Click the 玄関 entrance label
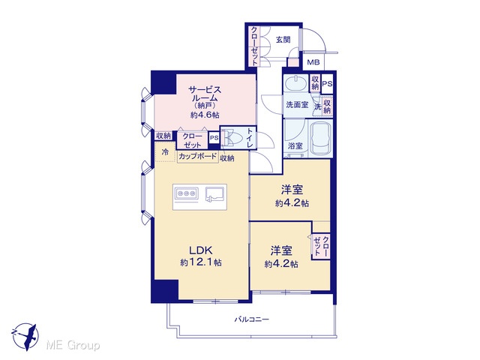coord(283,40)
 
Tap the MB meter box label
coord(313,62)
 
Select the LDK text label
coord(201,250)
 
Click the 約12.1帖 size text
coord(201,262)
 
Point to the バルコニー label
coord(252,319)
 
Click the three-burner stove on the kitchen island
coord(186,193)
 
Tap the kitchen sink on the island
coord(215,194)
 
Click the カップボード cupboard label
coord(197,157)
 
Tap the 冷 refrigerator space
coord(165,151)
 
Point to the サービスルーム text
coord(205,94)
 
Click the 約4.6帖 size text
coord(205,115)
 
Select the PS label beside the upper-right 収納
coord(327,83)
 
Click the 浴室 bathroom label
coord(295,146)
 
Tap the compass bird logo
coord(25,337)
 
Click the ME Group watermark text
coord(73,346)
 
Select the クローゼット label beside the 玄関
coord(254,46)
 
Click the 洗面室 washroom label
coord(297,105)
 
